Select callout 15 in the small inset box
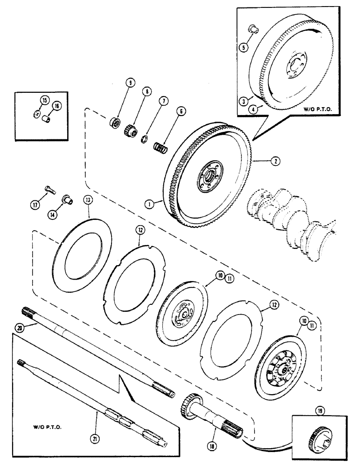click(x=44, y=101)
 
